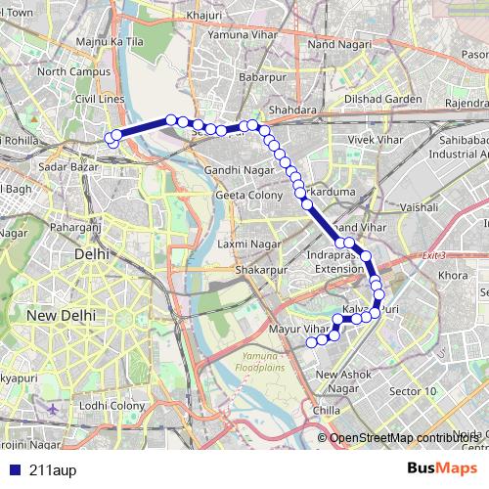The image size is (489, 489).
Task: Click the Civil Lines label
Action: click(x=101, y=98)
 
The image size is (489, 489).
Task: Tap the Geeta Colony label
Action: click(x=244, y=195)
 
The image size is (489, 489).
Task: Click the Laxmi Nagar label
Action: click(x=245, y=243)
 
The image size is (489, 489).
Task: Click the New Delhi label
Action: click(x=60, y=316)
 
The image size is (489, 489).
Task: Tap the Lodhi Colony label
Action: click(x=111, y=405)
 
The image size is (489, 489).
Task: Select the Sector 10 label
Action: click(x=414, y=391)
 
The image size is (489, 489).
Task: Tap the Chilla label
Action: click(x=329, y=411)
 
